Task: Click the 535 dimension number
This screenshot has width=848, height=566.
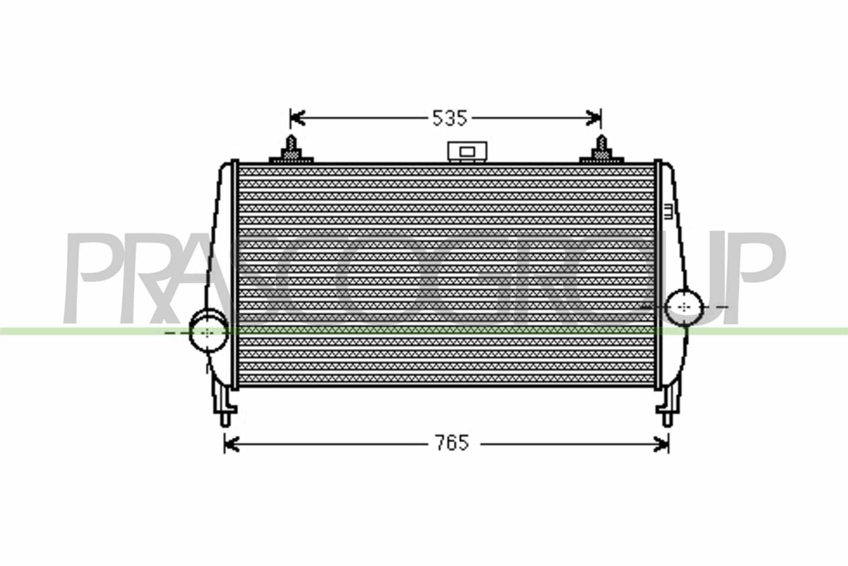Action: click(x=449, y=118)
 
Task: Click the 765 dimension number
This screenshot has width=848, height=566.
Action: click(x=453, y=443)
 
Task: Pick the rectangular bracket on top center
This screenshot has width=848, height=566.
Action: click(x=467, y=152)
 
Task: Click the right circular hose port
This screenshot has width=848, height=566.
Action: click(x=684, y=307)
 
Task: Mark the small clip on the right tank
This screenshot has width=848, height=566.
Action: click(x=668, y=212)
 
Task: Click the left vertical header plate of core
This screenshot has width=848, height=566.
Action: click(x=235, y=275)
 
